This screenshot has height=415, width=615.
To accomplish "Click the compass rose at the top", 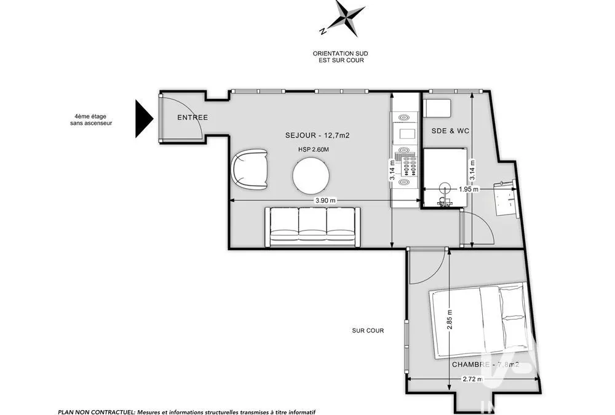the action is tap(343, 18).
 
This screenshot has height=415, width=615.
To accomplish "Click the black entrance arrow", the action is tap(144, 119).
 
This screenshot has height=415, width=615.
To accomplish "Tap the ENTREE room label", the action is tap(192, 117).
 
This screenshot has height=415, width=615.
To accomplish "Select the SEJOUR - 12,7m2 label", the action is tap(317, 136).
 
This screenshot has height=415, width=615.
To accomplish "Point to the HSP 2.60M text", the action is tap(314, 149).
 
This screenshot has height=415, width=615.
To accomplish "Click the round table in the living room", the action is tap(311, 175).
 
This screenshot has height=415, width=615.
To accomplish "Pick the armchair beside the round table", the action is tap(250, 170).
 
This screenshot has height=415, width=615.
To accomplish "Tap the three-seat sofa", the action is tap(312, 227).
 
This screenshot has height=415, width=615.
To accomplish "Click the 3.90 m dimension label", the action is tap(325, 201).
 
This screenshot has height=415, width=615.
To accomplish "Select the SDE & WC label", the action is tap(450, 131).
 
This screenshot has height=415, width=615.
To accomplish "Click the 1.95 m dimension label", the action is tap(469, 189).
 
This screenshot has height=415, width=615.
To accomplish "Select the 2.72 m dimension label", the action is tap(473, 379).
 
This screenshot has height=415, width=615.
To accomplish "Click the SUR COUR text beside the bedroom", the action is tap(368, 331).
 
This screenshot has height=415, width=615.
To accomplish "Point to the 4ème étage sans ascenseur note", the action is tap(91, 120).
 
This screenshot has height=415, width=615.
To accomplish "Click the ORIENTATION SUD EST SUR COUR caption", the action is tap(341, 57).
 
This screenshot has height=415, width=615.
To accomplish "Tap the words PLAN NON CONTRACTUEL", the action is tap(96, 412).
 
